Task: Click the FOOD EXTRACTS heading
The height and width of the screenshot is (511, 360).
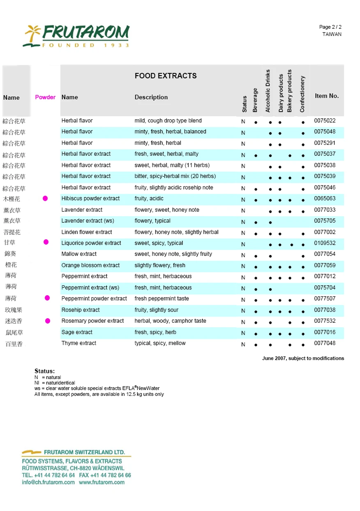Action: pyautogui.click(x=166, y=76)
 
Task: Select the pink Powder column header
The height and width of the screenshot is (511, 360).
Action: pyautogui.click(x=45, y=97)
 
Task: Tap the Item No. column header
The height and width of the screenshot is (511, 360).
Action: pyautogui.click(x=327, y=96)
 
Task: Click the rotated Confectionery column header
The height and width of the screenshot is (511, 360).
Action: pyautogui.click(x=302, y=94)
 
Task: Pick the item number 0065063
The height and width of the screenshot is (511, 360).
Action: pyautogui.click(x=325, y=199)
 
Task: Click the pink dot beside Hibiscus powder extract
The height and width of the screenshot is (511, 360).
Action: pyautogui.click(x=45, y=199)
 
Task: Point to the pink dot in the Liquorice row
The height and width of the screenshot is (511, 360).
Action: pyautogui.click(x=46, y=242)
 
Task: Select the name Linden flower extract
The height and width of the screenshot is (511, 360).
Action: pyautogui.click(x=87, y=232)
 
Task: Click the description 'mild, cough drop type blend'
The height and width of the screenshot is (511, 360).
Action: pyautogui.click(x=168, y=121)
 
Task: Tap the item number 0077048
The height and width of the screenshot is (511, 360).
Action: pyautogui.click(x=325, y=343)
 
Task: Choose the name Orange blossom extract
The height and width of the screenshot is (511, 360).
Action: pyautogui.click(x=90, y=266)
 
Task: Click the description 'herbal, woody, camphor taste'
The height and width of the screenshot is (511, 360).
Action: pyautogui.click(x=171, y=321)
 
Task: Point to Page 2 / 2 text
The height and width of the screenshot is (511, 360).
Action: pyautogui.click(x=330, y=27)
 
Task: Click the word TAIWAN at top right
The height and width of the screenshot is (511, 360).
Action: pyautogui.click(x=332, y=34)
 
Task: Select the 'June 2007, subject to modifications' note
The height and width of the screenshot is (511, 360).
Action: pyautogui.click(x=303, y=358)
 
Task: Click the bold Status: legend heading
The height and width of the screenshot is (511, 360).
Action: pyautogui.click(x=44, y=371)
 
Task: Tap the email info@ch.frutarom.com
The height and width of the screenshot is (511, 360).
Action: pyautogui.click(x=48, y=482)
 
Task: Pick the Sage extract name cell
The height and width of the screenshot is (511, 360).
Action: pyautogui.click(x=77, y=332)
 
